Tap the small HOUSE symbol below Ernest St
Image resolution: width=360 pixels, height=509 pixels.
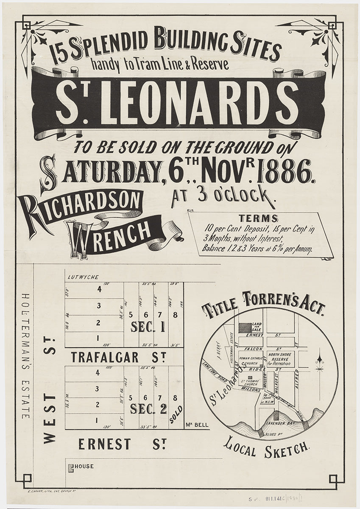point(71,467)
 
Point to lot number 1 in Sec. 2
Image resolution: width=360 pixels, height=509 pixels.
point(98,420)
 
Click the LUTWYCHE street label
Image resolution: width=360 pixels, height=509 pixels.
point(83,277)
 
